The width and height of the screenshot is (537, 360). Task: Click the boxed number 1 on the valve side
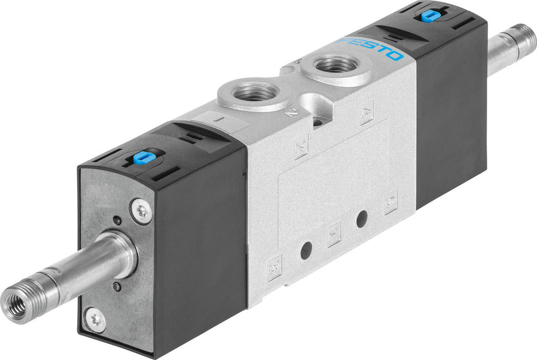pyautogui.click(x=333, y=234)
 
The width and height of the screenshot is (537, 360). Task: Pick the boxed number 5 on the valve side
pyautogui.click(x=390, y=202)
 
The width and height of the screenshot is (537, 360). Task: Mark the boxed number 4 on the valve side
pyautogui.click(x=367, y=114)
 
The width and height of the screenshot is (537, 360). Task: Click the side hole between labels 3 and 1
pyautogui.click(x=306, y=250)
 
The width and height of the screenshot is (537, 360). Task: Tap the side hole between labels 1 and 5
pyautogui.click(x=361, y=218)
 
